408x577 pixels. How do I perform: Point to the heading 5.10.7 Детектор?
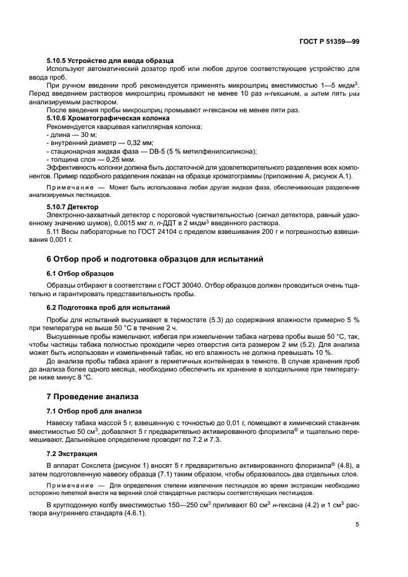point(72,205)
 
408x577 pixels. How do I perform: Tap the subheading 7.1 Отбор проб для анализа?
point(94,410)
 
